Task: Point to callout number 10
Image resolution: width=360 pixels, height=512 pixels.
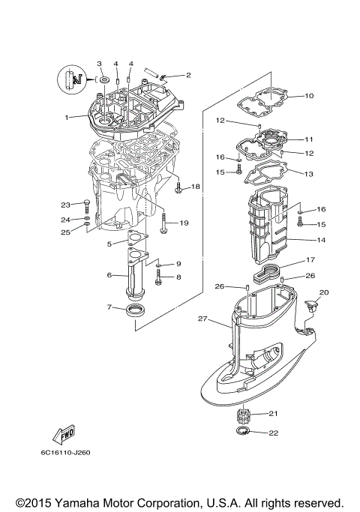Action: pyautogui.click(x=309, y=95)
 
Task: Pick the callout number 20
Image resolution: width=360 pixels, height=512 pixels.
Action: pyautogui.click(x=324, y=292)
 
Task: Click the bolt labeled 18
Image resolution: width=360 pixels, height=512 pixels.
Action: pyautogui.click(x=178, y=188)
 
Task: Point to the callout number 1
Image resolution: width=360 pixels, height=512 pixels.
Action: pyautogui.click(x=66, y=117)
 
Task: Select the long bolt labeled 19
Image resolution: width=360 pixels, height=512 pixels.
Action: pyautogui.click(x=163, y=223)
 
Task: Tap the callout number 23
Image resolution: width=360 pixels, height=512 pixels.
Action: pyautogui.click(x=65, y=204)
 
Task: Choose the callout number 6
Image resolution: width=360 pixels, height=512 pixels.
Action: pyautogui.click(x=109, y=275)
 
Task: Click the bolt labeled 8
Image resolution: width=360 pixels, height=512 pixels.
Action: pyautogui.click(x=159, y=278)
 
